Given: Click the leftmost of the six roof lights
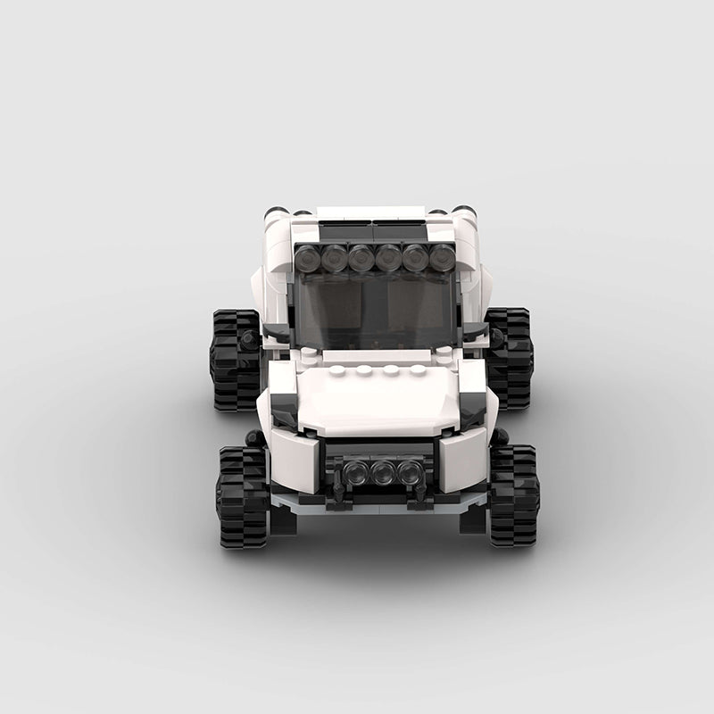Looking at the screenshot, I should tap(308, 259).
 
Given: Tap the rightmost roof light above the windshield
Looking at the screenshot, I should tap(443, 259).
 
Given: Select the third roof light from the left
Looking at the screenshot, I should tap(361, 259).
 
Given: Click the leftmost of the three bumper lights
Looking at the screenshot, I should tap(356, 473).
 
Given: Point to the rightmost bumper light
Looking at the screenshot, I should tap(411, 473).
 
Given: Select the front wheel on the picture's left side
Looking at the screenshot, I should tap(242, 495).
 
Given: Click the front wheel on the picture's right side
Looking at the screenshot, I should tap(514, 495).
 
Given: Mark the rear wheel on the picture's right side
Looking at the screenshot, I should tap(510, 358).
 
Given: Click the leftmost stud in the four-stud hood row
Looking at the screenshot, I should tap(337, 369).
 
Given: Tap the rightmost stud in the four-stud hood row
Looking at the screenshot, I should tap(418, 369).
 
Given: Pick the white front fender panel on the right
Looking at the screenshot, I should tap(463, 458).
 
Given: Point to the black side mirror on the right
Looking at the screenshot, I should tap(475, 332).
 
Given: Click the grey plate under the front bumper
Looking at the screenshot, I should tap(379, 505).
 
